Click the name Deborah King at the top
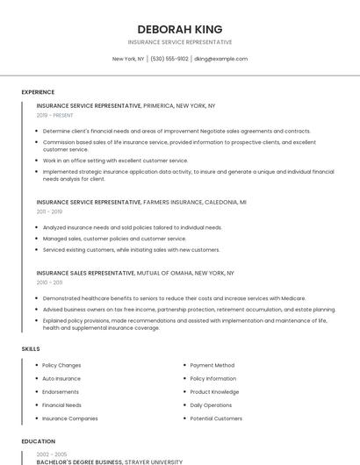tap(179, 29)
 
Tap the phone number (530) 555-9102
tap(169, 59)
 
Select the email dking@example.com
tap(220, 59)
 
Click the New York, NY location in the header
tap(128, 59)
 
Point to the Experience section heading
tap(38, 92)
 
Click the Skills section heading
tap(31, 349)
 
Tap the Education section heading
tap(39, 441)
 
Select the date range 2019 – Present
tap(55, 115)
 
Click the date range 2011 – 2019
tap(49, 211)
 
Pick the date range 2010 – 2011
tap(49, 283)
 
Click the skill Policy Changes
tap(61, 365)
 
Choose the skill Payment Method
tap(212, 365)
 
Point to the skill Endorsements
tap(61, 392)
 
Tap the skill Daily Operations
tap(211, 405)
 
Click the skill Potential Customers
tap(216, 418)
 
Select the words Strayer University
tap(154, 461)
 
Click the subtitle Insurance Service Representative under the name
tap(179, 42)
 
